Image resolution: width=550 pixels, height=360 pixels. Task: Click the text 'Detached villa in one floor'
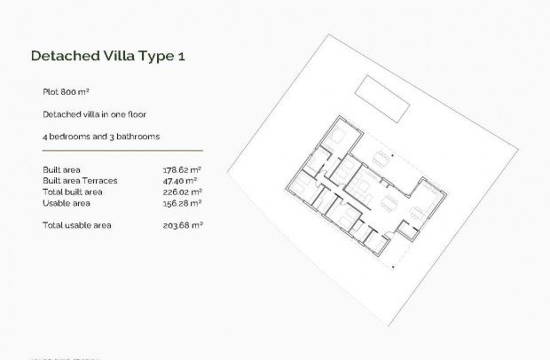93,114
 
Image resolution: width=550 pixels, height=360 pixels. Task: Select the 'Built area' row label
59,168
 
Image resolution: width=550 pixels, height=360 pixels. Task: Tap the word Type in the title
156,56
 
